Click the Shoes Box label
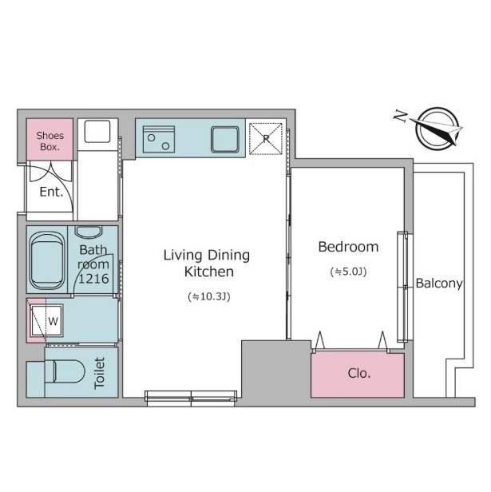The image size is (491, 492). tap(49, 141)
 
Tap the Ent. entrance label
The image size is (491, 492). tap(51, 192)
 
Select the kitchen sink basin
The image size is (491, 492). tap(225, 139)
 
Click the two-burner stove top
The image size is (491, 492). tap(158, 139)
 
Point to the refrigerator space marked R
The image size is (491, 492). tap(266, 139)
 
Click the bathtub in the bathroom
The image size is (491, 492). tap(47, 260)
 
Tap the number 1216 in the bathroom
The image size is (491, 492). tap(93, 279)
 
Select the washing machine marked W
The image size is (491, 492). tap(47, 321)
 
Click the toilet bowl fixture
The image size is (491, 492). tap(65, 371)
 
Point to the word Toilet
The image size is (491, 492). tap(100, 373)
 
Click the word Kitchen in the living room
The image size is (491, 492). tap(209, 272)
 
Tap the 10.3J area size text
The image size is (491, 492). tap(209, 296)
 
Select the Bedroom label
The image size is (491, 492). tap(348, 247)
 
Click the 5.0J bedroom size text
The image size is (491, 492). tap(348, 272)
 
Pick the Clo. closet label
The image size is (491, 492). tap(359, 373)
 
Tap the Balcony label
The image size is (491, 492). tap(439, 284)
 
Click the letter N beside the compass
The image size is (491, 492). tap(401, 116)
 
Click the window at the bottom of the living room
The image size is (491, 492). tap(191, 399)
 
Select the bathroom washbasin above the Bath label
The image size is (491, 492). tap(89, 232)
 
